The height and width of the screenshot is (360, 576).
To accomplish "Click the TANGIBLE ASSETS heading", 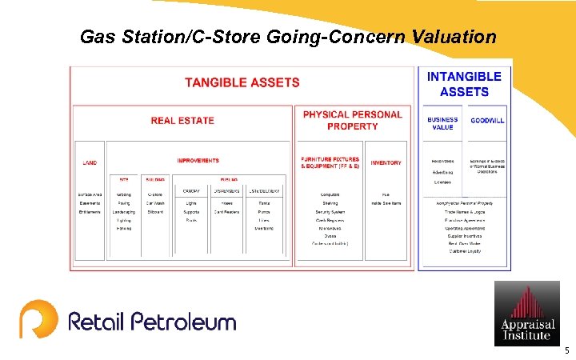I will pyautogui.click(x=242, y=82).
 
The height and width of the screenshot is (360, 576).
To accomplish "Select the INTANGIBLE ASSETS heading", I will pyautogui.click(x=464, y=84).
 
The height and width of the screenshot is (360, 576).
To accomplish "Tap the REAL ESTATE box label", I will pyautogui.click(x=182, y=121).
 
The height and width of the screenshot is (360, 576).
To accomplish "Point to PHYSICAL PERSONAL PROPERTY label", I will pyautogui.click(x=352, y=120).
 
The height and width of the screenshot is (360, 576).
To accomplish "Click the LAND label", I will pyautogui.click(x=90, y=162).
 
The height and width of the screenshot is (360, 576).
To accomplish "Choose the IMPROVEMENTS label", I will pyautogui.click(x=198, y=161).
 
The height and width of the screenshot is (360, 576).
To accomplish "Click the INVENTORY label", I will pyautogui.click(x=386, y=162).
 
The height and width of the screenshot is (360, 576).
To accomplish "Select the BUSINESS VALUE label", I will pyautogui.click(x=442, y=123).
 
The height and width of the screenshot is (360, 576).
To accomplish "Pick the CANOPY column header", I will pyautogui.click(x=191, y=190).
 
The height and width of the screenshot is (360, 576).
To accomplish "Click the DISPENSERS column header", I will pyautogui.click(x=227, y=190).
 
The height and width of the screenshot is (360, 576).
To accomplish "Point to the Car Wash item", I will pyautogui.click(x=155, y=203).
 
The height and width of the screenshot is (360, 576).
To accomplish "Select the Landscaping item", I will pyautogui.click(x=124, y=211).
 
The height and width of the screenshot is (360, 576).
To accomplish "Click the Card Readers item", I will pyautogui.click(x=227, y=211).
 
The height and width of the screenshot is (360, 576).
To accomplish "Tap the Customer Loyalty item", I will pyautogui.click(x=464, y=252).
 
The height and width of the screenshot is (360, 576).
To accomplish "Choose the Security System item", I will pyautogui.click(x=330, y=211).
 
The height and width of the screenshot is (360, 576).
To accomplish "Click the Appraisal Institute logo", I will pyautogui.click(x=526, y=313).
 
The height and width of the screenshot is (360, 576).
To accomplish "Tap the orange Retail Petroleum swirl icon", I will pyautogui.click(x=38, y=318).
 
